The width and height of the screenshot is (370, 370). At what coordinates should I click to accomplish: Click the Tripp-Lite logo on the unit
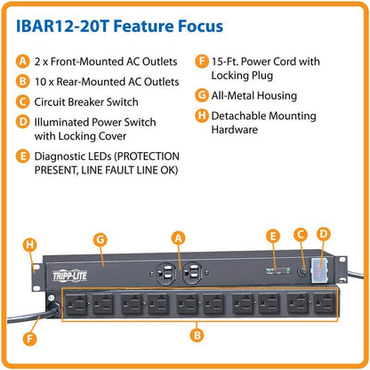pyautogui.click(x=69, y=277)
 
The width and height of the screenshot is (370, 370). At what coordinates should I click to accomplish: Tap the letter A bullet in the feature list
pyautogui.click(x=23, y=61)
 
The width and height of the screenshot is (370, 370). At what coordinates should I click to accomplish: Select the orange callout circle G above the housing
pyautogui.click(x=101, y=239)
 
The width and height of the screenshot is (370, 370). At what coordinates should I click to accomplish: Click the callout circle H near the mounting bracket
pyautogui.click(x=29, y=245)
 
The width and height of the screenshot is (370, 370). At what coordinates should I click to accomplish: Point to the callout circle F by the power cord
pyautogui.click(x=29, y=339)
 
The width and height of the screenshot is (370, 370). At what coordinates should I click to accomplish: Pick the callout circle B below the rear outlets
pyautogui.click(x=197, y=335)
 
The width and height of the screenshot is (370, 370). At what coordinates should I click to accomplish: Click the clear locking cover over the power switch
pyautogui.click(x=319, y=269)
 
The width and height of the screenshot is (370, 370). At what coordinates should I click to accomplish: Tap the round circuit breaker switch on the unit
pyautogui.click(x=302, y=270)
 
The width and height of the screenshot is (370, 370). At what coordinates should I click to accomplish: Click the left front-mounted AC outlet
pyautogui.click(x=165, y=273)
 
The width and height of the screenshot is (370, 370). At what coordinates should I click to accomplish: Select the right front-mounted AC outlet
pyautogui.click(x=191, y=273)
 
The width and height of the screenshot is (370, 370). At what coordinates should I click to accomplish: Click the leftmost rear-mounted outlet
pyautogui.click(x=76, y=303)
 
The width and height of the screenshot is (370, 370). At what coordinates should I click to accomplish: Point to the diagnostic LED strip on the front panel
pyautogui.click(x=278, y=270)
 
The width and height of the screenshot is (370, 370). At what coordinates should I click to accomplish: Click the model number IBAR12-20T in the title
pyautogui.click(x=63, y=26)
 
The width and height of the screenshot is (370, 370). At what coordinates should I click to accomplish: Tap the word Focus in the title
pyautogui.click(x=201, y=26)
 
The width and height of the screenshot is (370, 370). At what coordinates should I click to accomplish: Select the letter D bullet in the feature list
pyautogui.click(x=23, y=122)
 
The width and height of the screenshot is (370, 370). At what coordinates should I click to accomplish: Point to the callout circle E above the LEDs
pyautogui.click(x=273, y=237)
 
